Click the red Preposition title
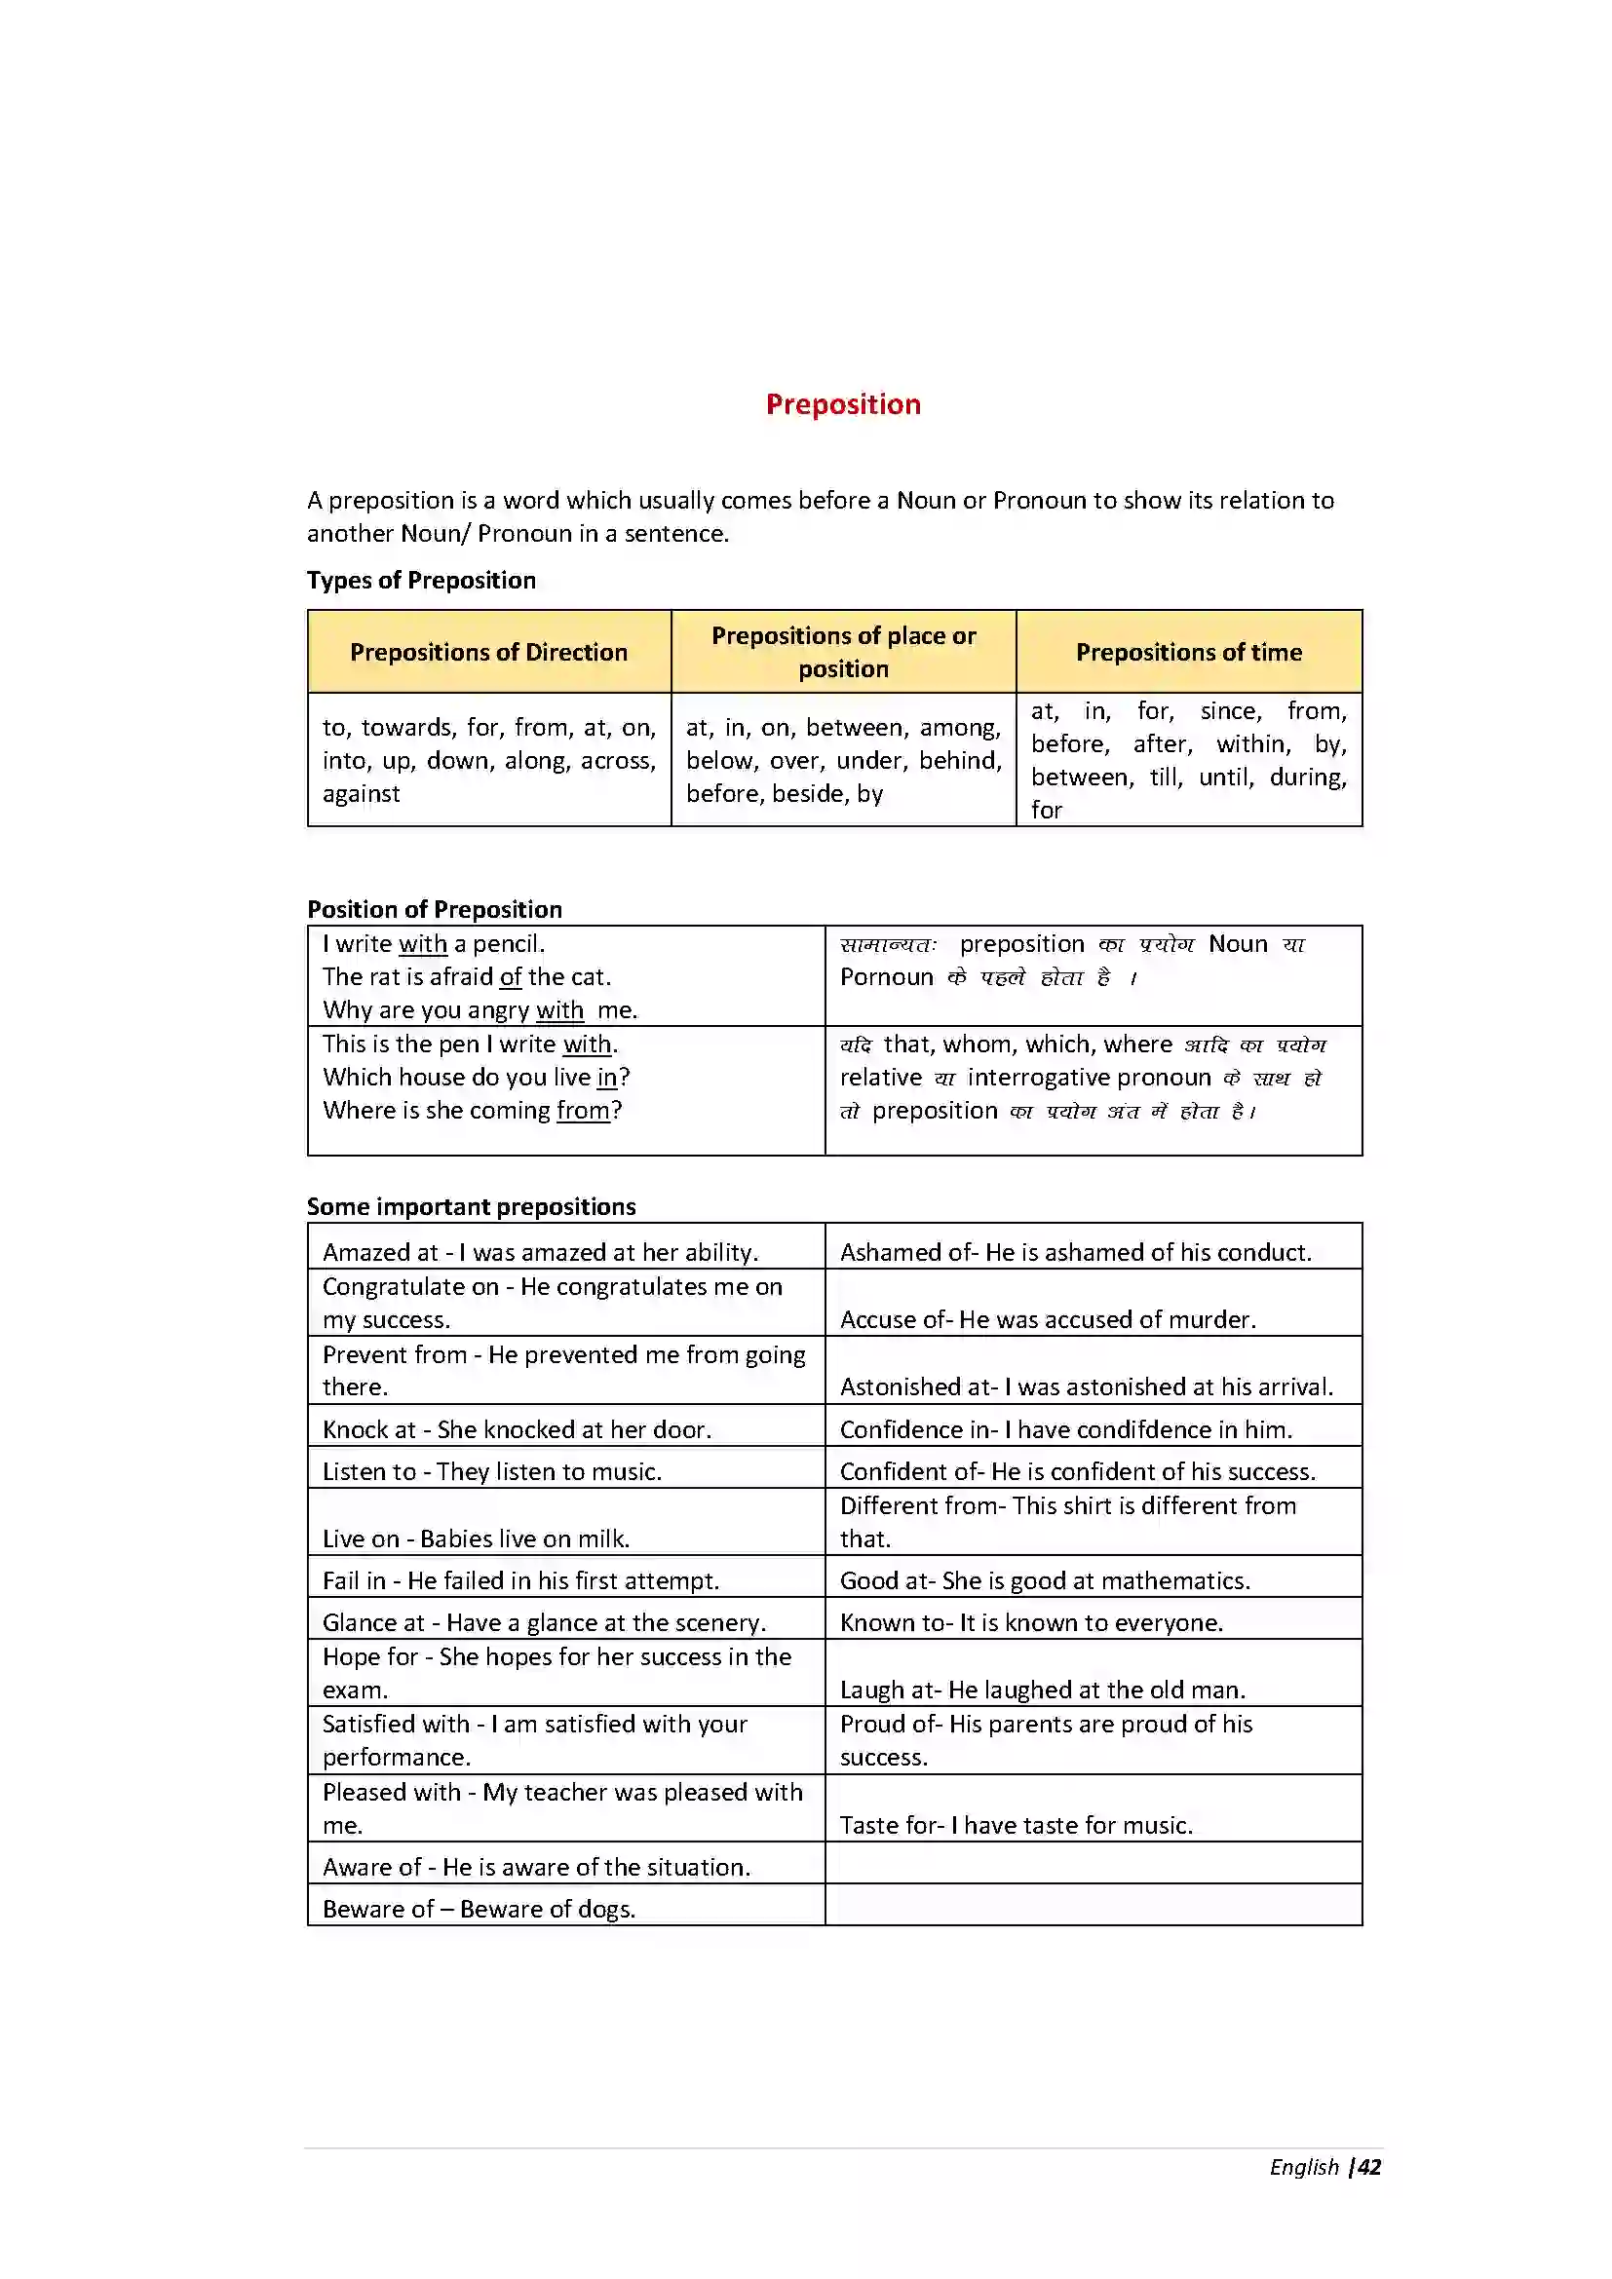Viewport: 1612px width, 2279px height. [x=843, y=404]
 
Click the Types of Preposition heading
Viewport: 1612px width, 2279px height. [x=421, y=580]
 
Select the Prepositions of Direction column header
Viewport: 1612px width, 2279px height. [x=488, y=652]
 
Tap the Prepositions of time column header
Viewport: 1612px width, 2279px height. [x=1188, y=652]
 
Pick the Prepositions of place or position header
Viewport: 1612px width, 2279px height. [x=843, y=651]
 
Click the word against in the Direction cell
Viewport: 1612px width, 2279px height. [x=362, y=794]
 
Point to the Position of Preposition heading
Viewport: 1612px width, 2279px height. [x=434, y=909]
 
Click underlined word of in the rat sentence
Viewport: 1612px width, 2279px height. [x=510, y=977]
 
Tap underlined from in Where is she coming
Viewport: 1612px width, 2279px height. [x=583, y=1111]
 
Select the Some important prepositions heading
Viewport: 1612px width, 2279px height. [x=471, y=1206]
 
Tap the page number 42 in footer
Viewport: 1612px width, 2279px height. [x=1369, y=2167]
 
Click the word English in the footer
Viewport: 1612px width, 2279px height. [x=1303, y=2167]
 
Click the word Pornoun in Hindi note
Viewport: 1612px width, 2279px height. [x=885, y=977]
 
